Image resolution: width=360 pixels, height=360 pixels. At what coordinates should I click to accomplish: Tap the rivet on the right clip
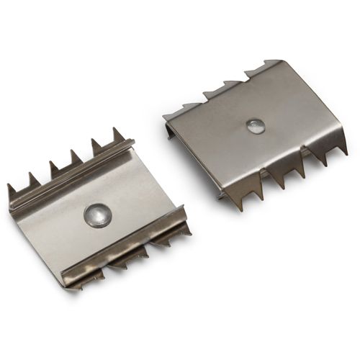[x=255, y=127]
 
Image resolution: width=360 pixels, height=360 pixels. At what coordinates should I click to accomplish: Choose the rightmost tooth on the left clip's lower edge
[x=184, y=228]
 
